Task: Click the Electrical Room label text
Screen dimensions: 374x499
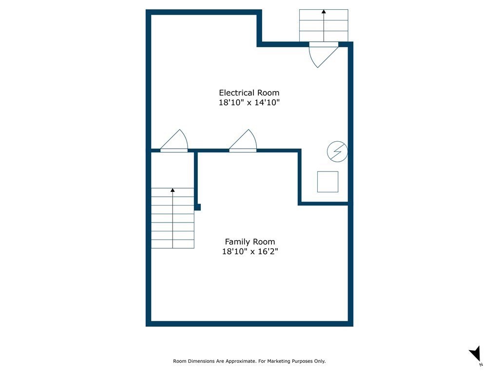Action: point(249,93)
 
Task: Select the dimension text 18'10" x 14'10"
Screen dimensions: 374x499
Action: point(249,103)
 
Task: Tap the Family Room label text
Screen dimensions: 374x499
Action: point(249,242)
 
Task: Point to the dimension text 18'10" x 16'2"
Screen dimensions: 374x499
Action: point(249,252)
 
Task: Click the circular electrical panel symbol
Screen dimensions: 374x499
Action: point(337,152)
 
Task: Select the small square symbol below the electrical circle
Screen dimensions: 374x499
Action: point(327,182)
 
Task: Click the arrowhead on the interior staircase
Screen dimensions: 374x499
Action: point(173,190)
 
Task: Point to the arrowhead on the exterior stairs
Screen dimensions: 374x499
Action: point(324,11)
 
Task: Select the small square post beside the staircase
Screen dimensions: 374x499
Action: point(197,207)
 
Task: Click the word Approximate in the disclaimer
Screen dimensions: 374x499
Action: point(239,361)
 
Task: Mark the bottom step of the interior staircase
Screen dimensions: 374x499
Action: point(173,244)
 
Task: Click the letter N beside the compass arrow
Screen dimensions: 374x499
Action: point(481,364)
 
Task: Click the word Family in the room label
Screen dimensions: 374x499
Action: point(236,242)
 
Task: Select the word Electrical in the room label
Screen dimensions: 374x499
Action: point(236,93)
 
